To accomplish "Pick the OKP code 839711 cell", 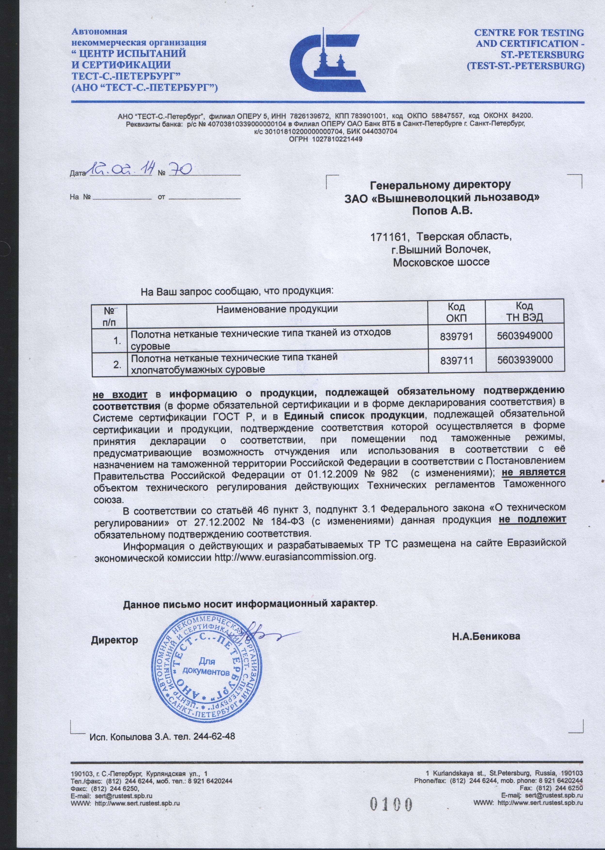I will click(x=456, y=360).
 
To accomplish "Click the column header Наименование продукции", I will click(x=277, y=309).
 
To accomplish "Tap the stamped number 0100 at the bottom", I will click(x=391, y=801).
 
